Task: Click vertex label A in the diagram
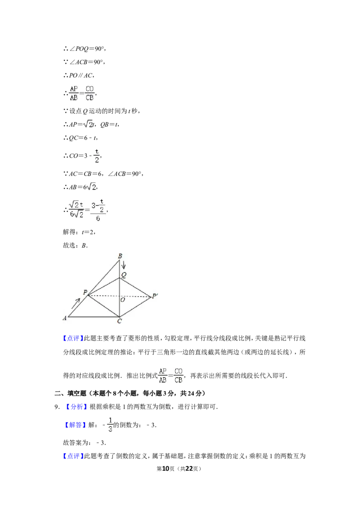click(x=65, y=318)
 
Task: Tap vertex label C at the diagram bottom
click(x=119, y=321)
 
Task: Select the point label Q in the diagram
click(x=122, y=274)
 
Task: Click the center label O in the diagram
click(x=122, y=299)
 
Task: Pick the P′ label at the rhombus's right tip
click(x=155, y=296)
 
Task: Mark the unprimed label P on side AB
click(x=85, y=293)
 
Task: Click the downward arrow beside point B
click(x=124, y=264)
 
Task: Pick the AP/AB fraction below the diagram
click(x=162, y=376)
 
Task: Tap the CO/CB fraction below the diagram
click(x=179, y=376)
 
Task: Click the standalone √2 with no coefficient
click(x=88, y=124)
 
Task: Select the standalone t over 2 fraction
click(x=96, y=155)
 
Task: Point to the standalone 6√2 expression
click(x=90, y=186)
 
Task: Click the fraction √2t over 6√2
click(x=76, y=209)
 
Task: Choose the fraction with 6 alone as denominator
click(x=99, y=209)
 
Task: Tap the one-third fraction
click(x=110, y=424)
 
